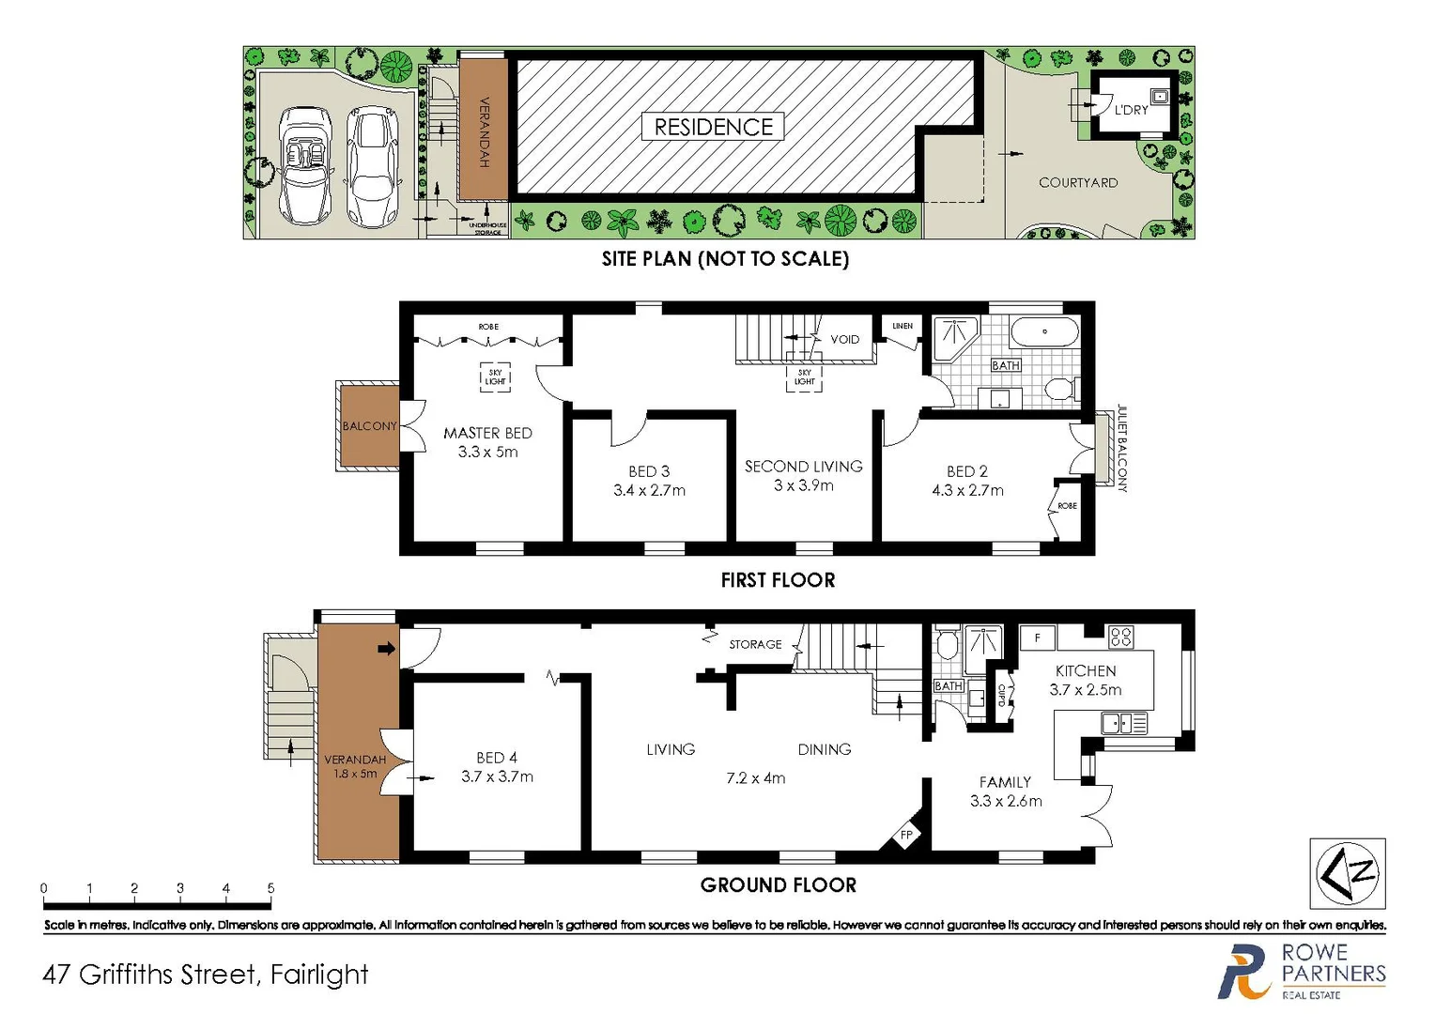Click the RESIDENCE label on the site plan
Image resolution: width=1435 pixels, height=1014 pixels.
coord(713,127)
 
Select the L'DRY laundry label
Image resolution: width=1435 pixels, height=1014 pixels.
coord(1131,110)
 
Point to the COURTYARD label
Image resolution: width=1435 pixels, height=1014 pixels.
coord(1077,183)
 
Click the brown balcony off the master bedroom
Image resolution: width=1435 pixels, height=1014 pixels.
coord(368,426)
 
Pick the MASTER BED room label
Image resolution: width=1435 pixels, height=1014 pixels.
coord(487,433)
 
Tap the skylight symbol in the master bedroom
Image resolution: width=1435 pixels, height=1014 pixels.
coord(495,377)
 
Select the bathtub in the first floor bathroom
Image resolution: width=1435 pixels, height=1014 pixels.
coord(1044,332)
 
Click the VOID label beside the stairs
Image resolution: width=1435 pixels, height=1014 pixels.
coord(844,340)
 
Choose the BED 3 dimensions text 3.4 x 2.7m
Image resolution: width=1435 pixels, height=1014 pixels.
coord(649,490)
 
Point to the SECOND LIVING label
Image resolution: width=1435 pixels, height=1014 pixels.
coord(803,467)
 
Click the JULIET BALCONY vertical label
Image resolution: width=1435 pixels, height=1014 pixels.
coord(1121,449)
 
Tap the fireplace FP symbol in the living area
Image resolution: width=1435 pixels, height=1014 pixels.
coord(906,835)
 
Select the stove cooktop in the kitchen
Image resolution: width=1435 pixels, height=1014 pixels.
coord(1120,637)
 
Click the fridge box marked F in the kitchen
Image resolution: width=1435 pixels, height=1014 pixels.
coord(1038,638)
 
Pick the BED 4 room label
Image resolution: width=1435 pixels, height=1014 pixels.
coord(496,758)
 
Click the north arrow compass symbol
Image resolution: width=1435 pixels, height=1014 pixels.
coord(1347,873)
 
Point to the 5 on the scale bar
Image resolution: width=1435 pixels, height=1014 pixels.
coord(270,888)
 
